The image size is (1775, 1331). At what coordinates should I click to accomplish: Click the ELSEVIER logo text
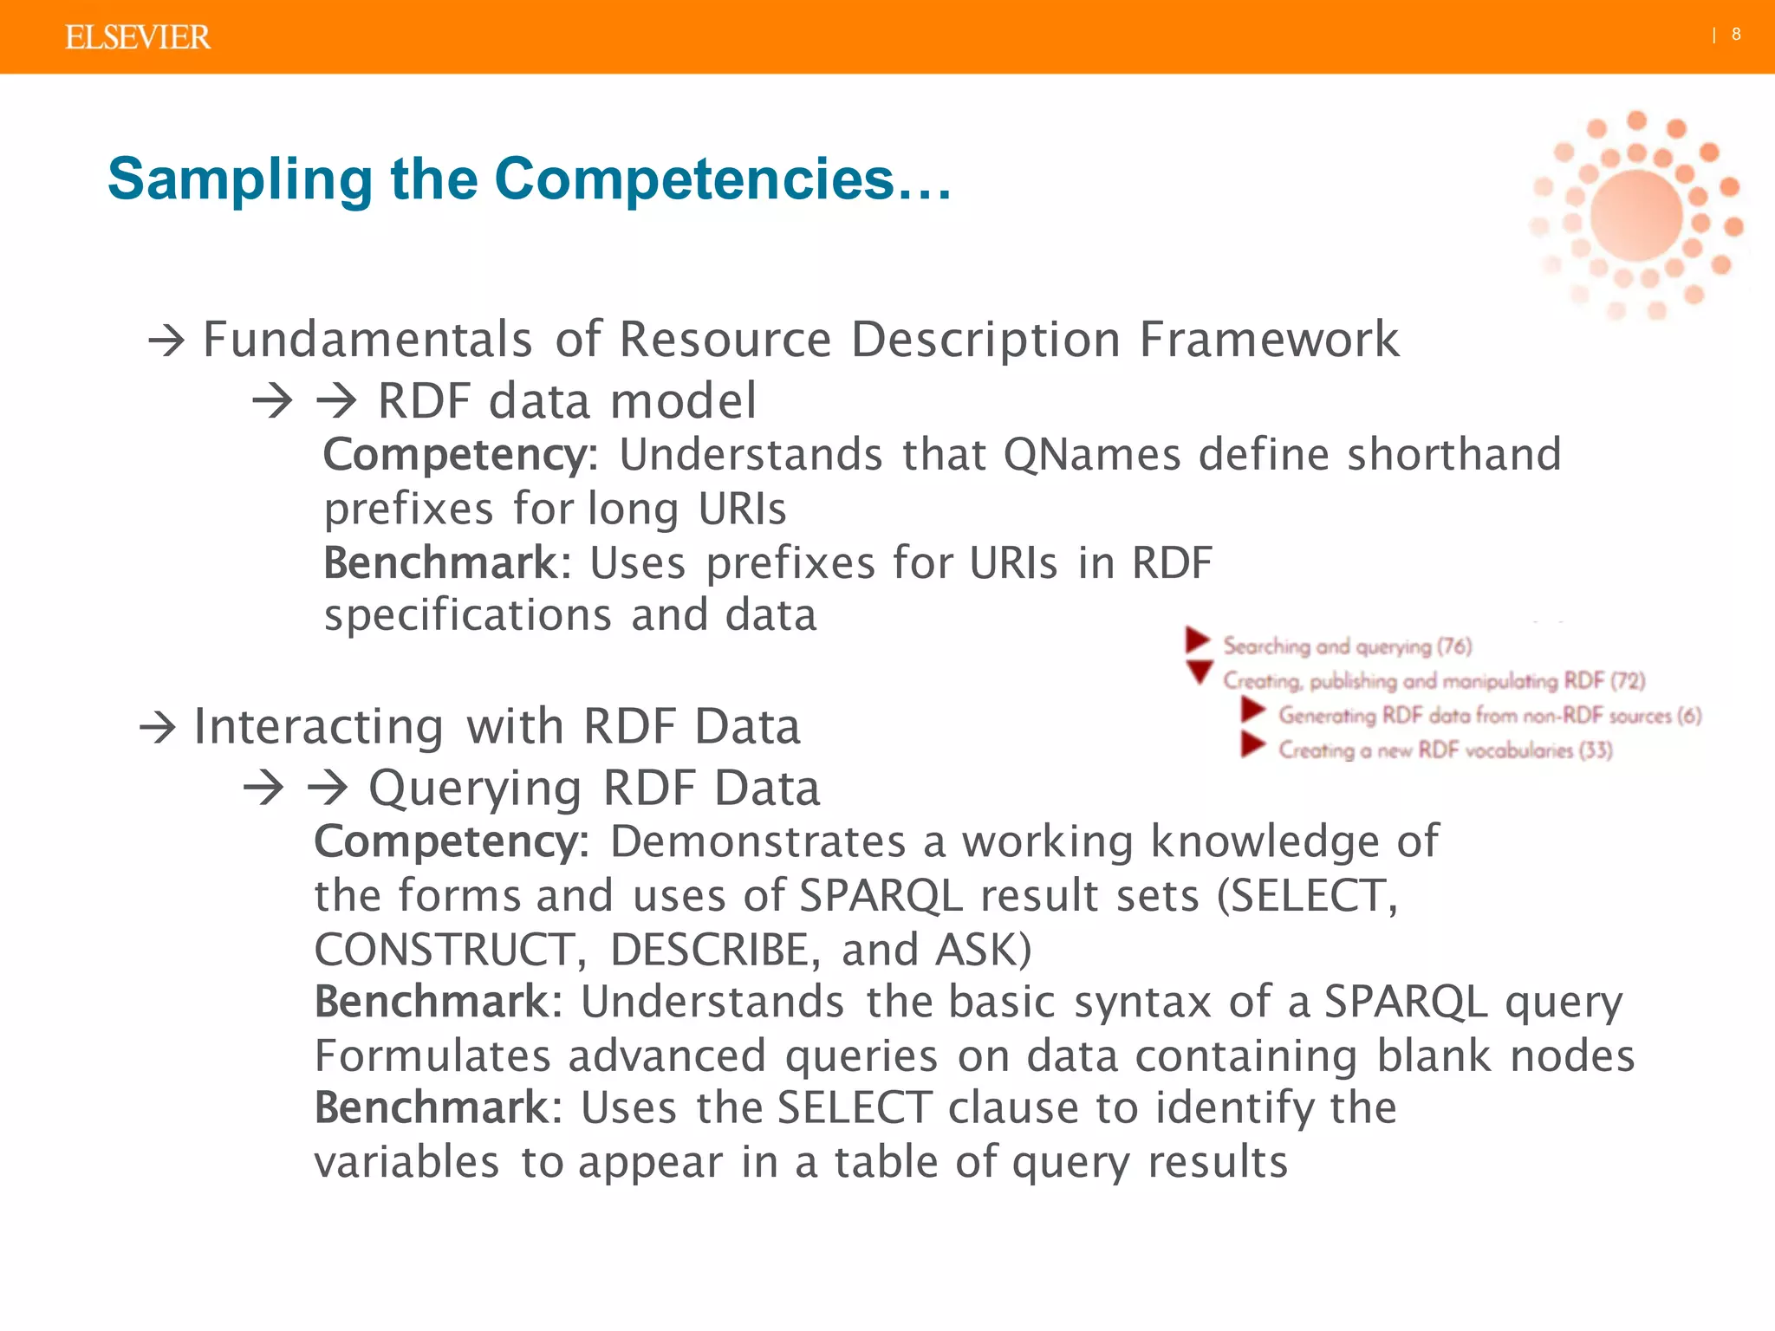pos(138,37)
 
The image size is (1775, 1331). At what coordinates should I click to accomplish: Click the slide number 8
pos(1736,35)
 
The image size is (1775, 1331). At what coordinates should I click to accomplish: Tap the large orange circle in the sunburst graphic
pos(1636,216)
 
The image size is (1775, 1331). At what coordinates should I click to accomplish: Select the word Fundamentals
pos(367,339)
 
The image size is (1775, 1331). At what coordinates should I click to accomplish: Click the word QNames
pos(1092,455)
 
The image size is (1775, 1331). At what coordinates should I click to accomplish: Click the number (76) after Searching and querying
pos(1454,646)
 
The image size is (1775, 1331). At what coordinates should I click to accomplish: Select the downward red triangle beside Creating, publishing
pos(1200,672)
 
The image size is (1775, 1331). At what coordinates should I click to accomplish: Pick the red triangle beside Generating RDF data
pos(1252,711)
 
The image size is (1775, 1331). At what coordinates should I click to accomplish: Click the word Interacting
pos(318,726)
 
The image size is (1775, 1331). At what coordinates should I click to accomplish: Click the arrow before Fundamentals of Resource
pos(166,341)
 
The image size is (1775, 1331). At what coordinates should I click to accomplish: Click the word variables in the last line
pos(406,1162)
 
